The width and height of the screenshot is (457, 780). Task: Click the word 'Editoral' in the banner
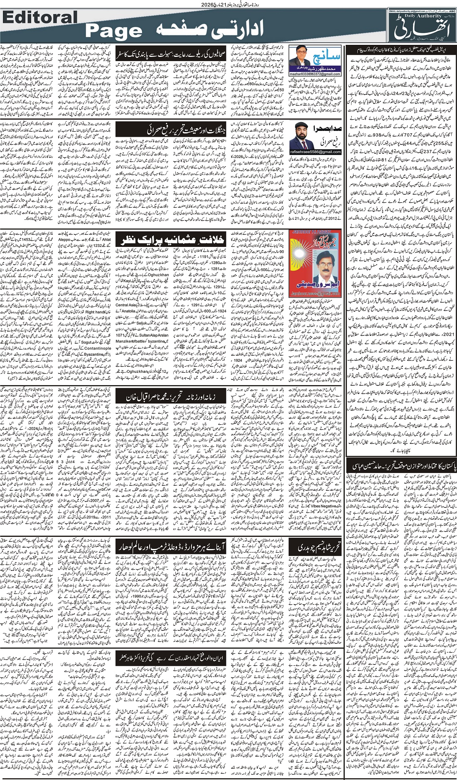tap(40, 17)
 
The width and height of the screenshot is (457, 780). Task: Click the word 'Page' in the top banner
tap(113, 31)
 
